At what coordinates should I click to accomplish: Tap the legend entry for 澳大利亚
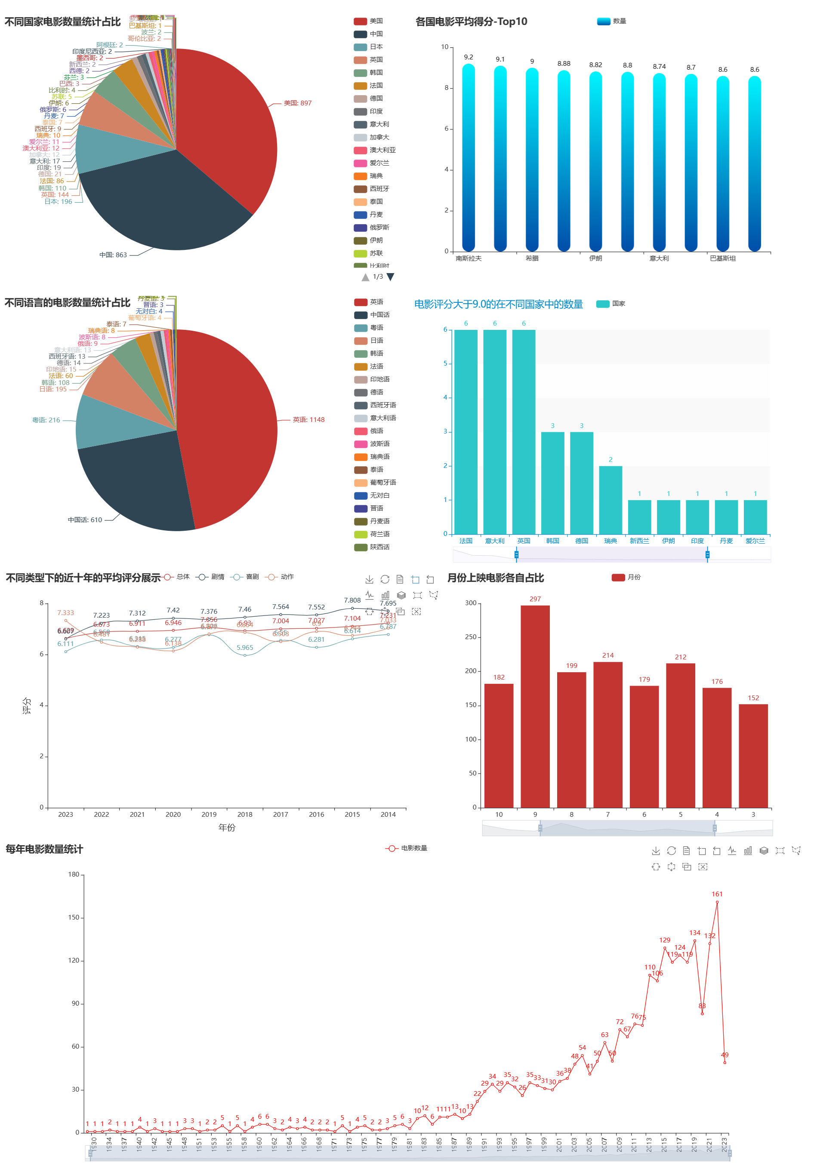(382, 150)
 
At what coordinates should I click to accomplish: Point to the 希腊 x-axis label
(532, 258)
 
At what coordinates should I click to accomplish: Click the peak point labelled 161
(717, 902)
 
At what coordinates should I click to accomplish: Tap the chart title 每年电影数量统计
(45, 849)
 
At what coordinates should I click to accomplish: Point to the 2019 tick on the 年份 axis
(209, 815)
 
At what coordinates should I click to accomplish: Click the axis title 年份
(226, 828)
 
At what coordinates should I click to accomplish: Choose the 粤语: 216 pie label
(46, 420)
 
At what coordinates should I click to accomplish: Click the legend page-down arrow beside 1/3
(390, 277)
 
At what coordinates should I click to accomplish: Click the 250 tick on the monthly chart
(471, 637)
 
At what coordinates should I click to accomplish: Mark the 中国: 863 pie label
(113, 255)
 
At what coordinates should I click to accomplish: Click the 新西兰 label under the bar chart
(639, 541)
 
